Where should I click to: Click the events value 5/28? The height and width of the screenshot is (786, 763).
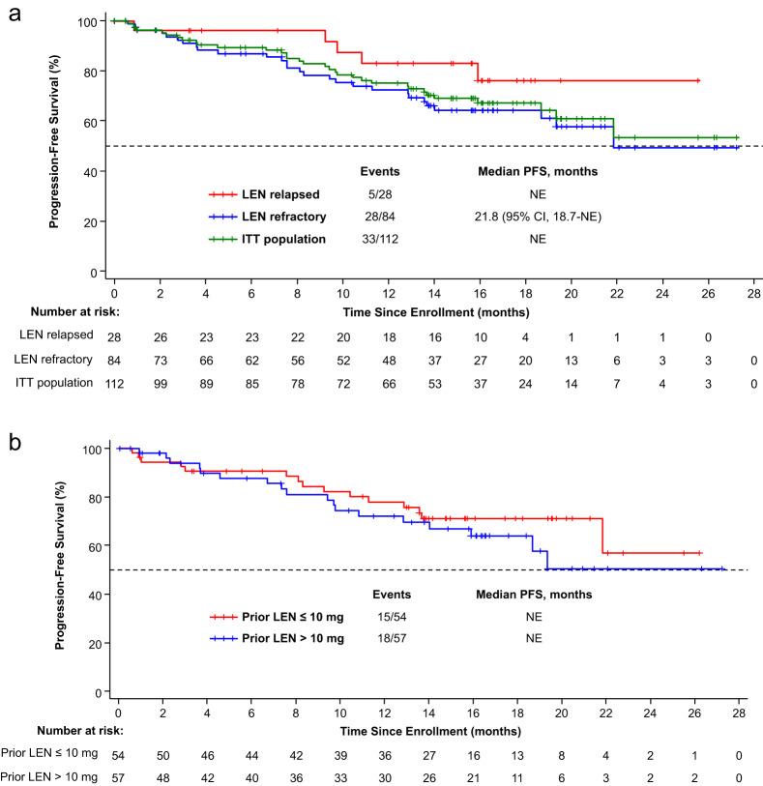coord(380,193)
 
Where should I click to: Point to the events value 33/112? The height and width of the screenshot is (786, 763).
coord(380,237)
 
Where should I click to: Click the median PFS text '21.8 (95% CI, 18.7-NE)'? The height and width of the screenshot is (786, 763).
coord(532,215)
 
